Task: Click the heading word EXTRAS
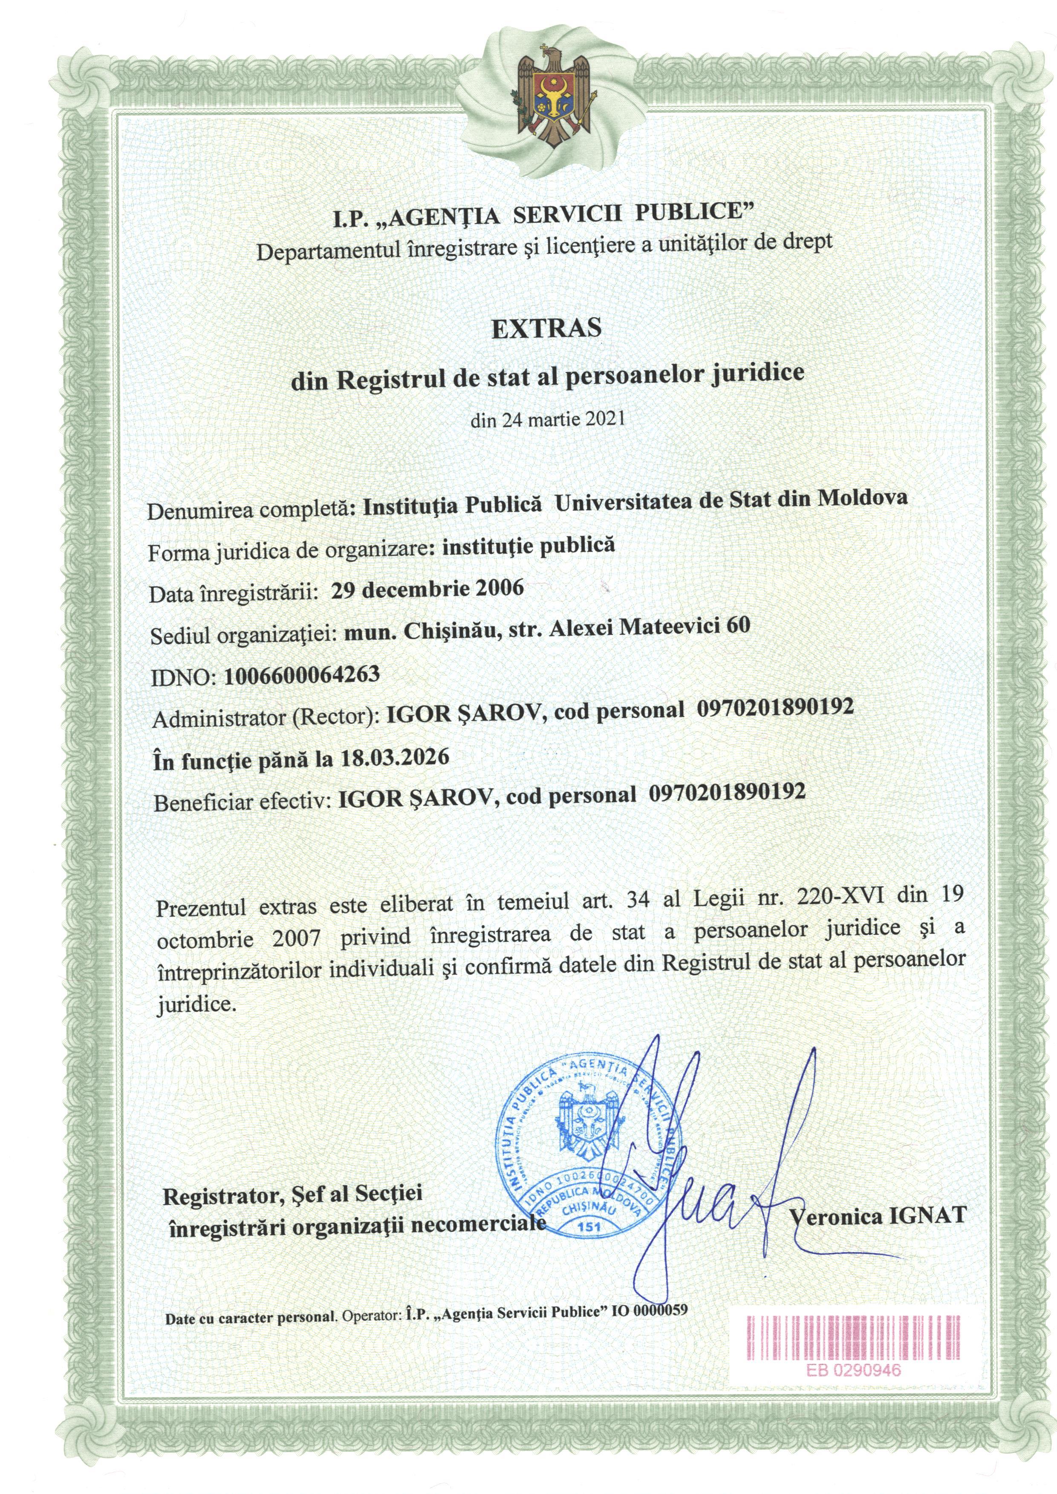pyautogui.click(x=546, y=328)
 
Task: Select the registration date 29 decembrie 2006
pyautogui.click(x=427, y=589)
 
